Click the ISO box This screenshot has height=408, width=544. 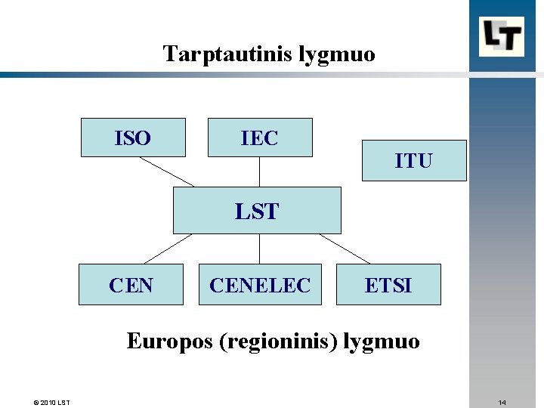(x=133, y=138)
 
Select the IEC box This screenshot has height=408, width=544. (x=260, y=138)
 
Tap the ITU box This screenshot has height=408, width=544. (x=414, y=160)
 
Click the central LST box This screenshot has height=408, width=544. (x=257, y=211)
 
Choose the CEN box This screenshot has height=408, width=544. (x=131, y=284)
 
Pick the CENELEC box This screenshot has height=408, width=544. (x=260, y=284)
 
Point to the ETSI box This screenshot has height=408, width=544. (x=388, y=284)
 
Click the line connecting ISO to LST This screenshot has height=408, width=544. (x=167, y=172)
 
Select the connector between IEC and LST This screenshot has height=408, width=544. (x=259, y=172)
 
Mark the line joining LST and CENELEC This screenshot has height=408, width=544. (x=259, y=249)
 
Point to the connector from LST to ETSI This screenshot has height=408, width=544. (x=345, y=249)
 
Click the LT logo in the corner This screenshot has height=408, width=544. (x=501, y=36)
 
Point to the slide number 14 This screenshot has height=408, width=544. (x=502, y=402)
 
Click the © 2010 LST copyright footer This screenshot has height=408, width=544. (x=52, y=402)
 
